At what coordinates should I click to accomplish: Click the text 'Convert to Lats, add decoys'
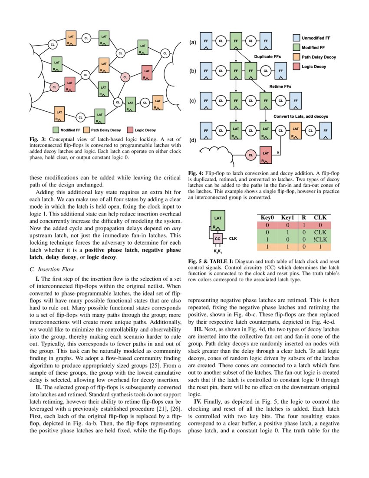(300, 116)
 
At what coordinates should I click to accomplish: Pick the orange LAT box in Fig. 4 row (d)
(296, 130)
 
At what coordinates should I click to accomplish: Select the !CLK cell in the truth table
(320, 239)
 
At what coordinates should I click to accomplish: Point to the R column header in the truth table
(304, 217)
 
